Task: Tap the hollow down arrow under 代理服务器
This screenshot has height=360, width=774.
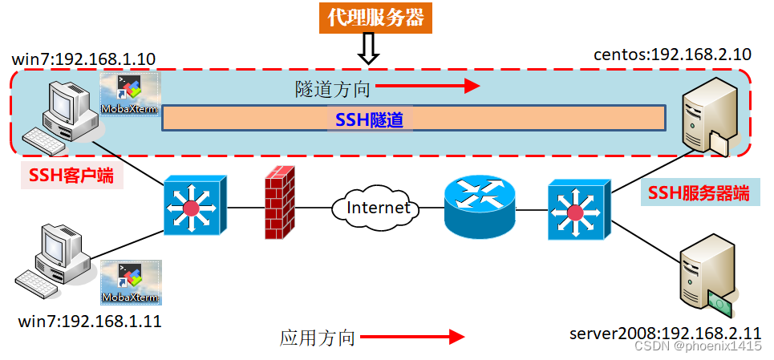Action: click(x=367, y=51)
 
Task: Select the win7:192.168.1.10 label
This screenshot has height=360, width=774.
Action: click(x=84, y=59)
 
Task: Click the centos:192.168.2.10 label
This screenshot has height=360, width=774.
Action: click(x=672, y=55)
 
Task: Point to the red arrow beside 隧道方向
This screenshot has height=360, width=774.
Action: click(x=427, y=85)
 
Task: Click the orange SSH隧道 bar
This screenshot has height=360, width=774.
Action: click(x=414, y=119)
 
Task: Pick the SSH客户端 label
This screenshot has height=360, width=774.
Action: click(x=71, y=176)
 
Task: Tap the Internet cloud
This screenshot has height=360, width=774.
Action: click(x=377, y=208)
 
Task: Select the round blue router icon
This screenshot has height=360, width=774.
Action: click(x=480, y=207)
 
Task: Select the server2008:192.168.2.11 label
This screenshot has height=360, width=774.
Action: click(x=665, y=332)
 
